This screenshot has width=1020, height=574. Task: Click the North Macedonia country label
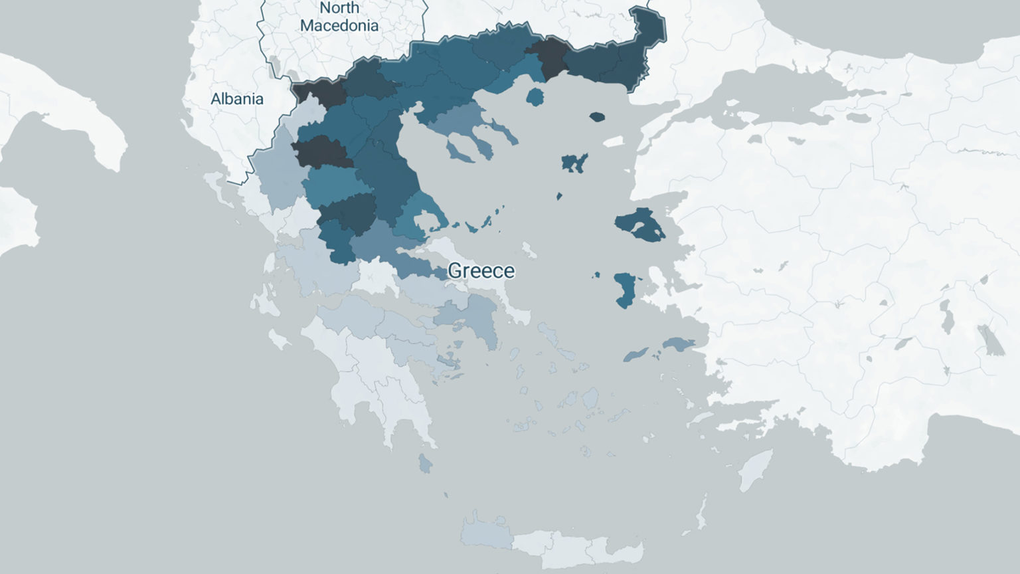coord(339,17)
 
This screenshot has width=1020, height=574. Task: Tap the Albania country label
coord(237,99)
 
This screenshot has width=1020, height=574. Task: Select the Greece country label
coord(481,270)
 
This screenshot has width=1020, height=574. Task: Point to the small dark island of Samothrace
coord(597,117)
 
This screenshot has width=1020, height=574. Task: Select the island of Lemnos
coord(574,162)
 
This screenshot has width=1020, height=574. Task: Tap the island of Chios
coord(624,290)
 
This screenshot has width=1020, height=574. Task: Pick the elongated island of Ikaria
coord(636,355)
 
